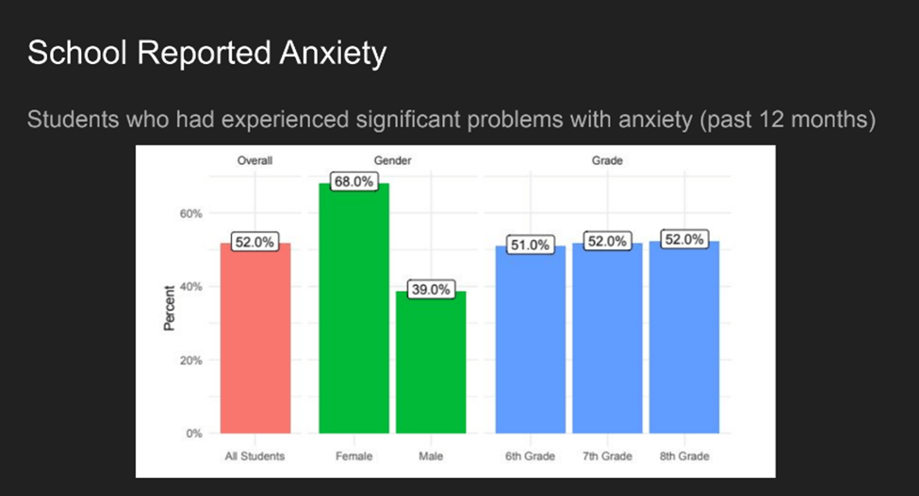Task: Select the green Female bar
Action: (x=354, y=311)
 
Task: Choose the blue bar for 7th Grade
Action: (x=606, y=339)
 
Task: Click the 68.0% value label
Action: (x=354, y=182)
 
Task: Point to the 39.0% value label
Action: (x=431, y=289)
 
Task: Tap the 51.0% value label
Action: (x=529, y=245)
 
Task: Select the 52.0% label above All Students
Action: (x=254, y=242)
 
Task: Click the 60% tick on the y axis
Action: (x=191, y=214)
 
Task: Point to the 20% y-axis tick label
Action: (x=191, y=360)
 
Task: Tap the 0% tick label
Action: (x=194, y=434)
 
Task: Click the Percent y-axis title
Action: (x=171, y=308)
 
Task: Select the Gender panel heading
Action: (x=392, y=161)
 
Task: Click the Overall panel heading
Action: (x=254, y=161)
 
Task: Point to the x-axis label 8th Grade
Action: (x=683, y=456)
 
